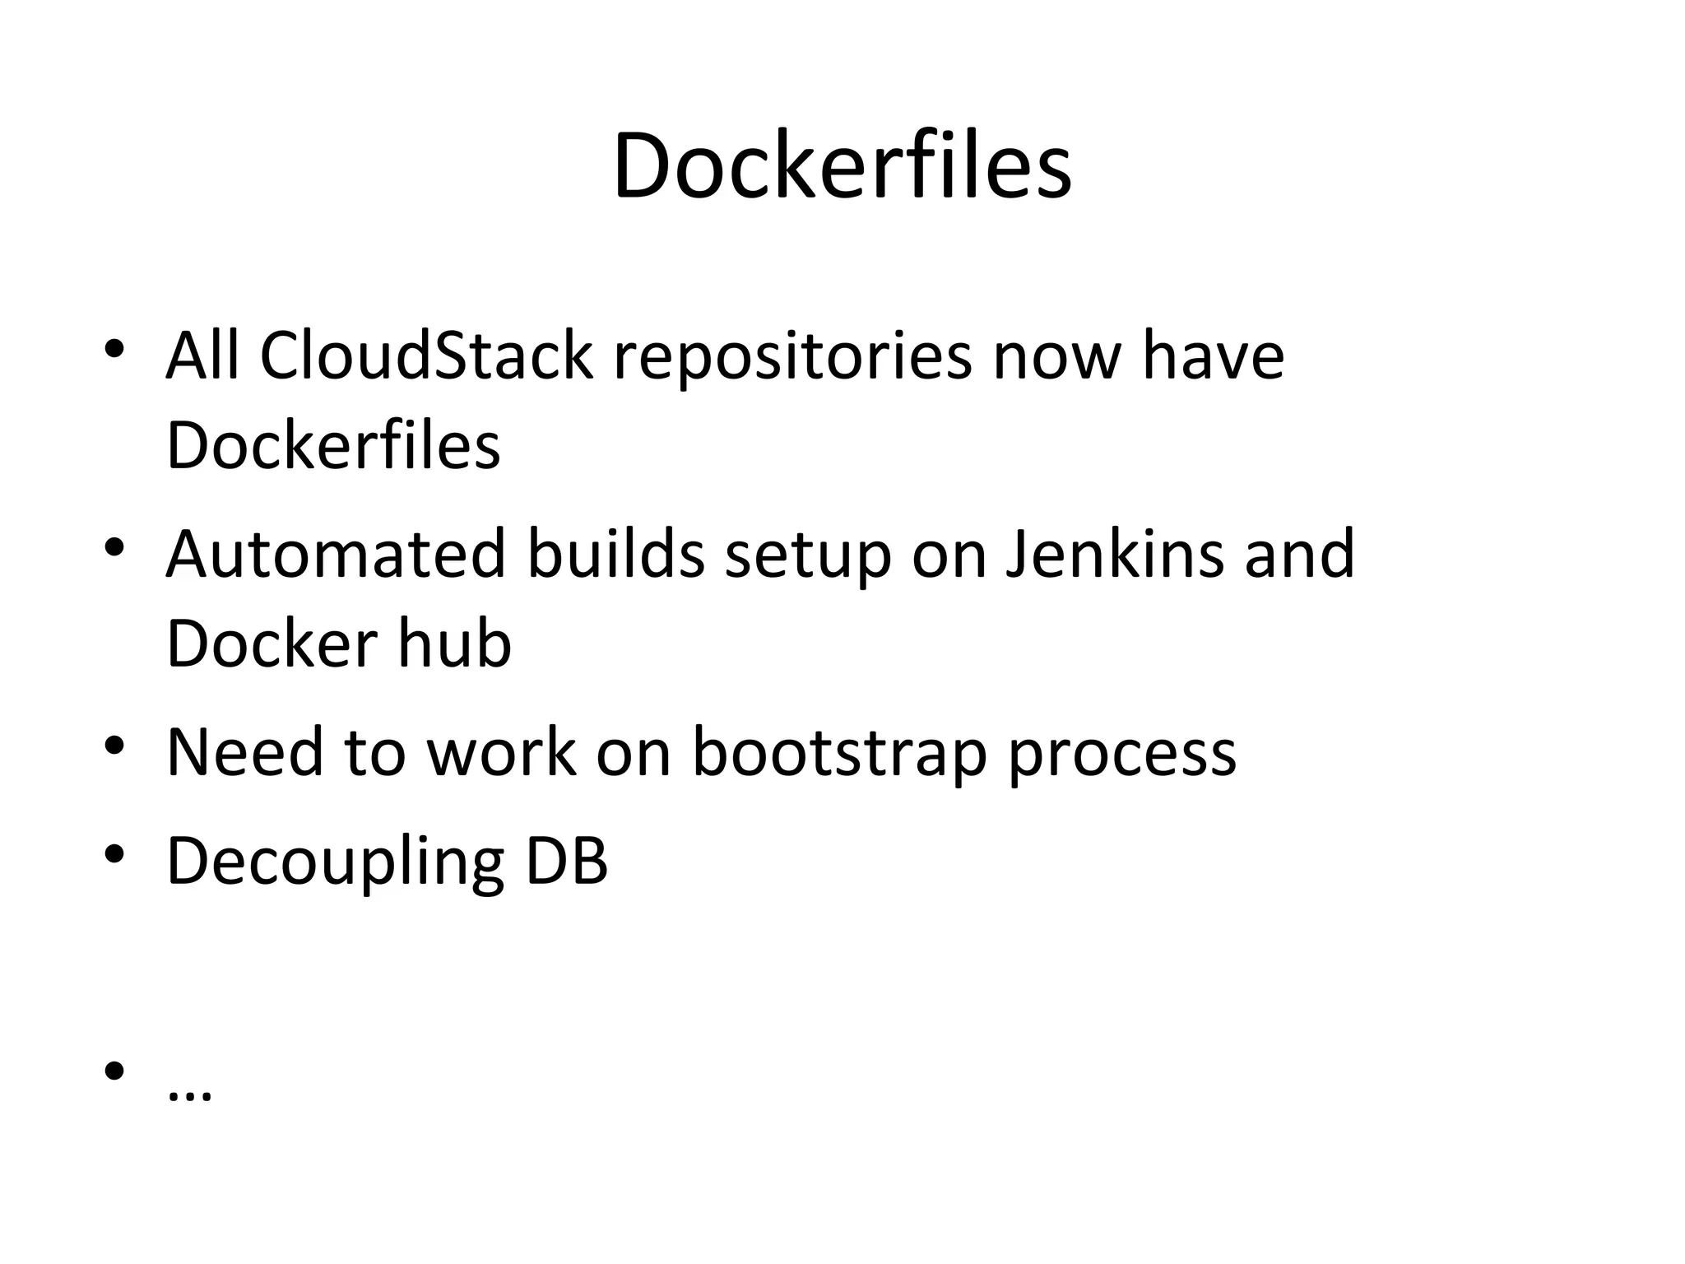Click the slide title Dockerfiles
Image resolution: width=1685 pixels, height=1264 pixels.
click(x=842, y=165)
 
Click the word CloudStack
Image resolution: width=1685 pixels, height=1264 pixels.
click(x=426, y=355)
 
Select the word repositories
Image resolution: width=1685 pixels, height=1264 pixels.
click(x=792, y=359)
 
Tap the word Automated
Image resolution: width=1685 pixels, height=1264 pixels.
click(x=336, y=554)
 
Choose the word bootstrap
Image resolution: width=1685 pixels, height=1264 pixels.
click(x=839, y=753)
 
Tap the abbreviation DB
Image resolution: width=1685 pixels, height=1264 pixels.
click(x=567, y=861)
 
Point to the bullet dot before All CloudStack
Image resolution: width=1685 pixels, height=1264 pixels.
click(x=114, y=349)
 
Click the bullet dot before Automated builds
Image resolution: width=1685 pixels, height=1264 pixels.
click(x=114, y=546)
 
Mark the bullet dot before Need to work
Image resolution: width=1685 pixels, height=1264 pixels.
click(x=114, y=746)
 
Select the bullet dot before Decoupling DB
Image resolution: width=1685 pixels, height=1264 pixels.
click(x=114, y=854)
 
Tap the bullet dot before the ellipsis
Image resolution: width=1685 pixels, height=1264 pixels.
click(x=114, y=1071)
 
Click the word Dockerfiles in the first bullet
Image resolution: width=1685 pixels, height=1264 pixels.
click(x=333, y=445)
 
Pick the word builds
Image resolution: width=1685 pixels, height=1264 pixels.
click(x=615, y=554)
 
